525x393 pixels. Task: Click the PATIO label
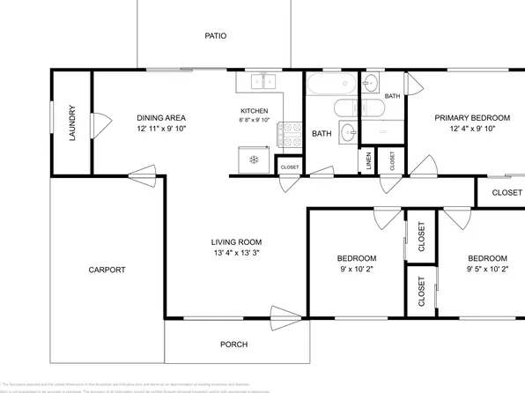coord(216,36)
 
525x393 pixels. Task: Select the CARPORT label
coord(107,271)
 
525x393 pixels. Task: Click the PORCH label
coord(233,345)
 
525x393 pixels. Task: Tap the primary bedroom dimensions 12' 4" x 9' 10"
coord(472,129)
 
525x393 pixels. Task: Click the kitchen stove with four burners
coord(288,134)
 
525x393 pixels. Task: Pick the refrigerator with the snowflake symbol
coord(254,159)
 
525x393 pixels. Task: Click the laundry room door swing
coord(101,122)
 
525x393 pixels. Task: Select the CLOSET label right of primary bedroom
coord(507,192)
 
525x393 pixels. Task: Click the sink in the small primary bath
coord(371,82)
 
